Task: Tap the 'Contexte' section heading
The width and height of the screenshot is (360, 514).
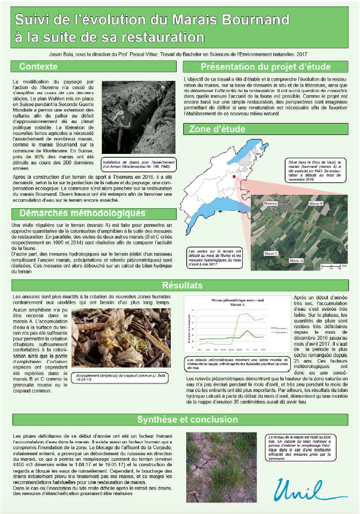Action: [38, 66]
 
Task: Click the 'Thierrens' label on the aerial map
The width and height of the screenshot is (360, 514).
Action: [269, 204]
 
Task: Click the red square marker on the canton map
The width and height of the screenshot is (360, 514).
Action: [234, 176]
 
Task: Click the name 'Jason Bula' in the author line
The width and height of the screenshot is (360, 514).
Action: [62, 53]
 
